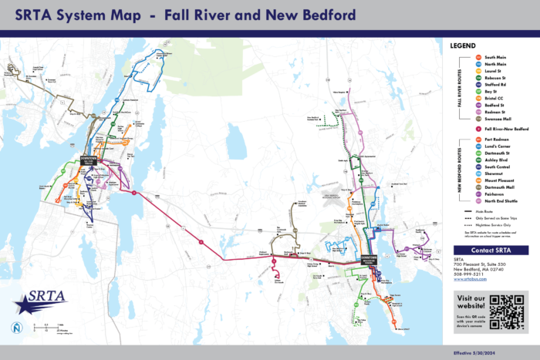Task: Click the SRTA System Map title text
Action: point(181,15)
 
